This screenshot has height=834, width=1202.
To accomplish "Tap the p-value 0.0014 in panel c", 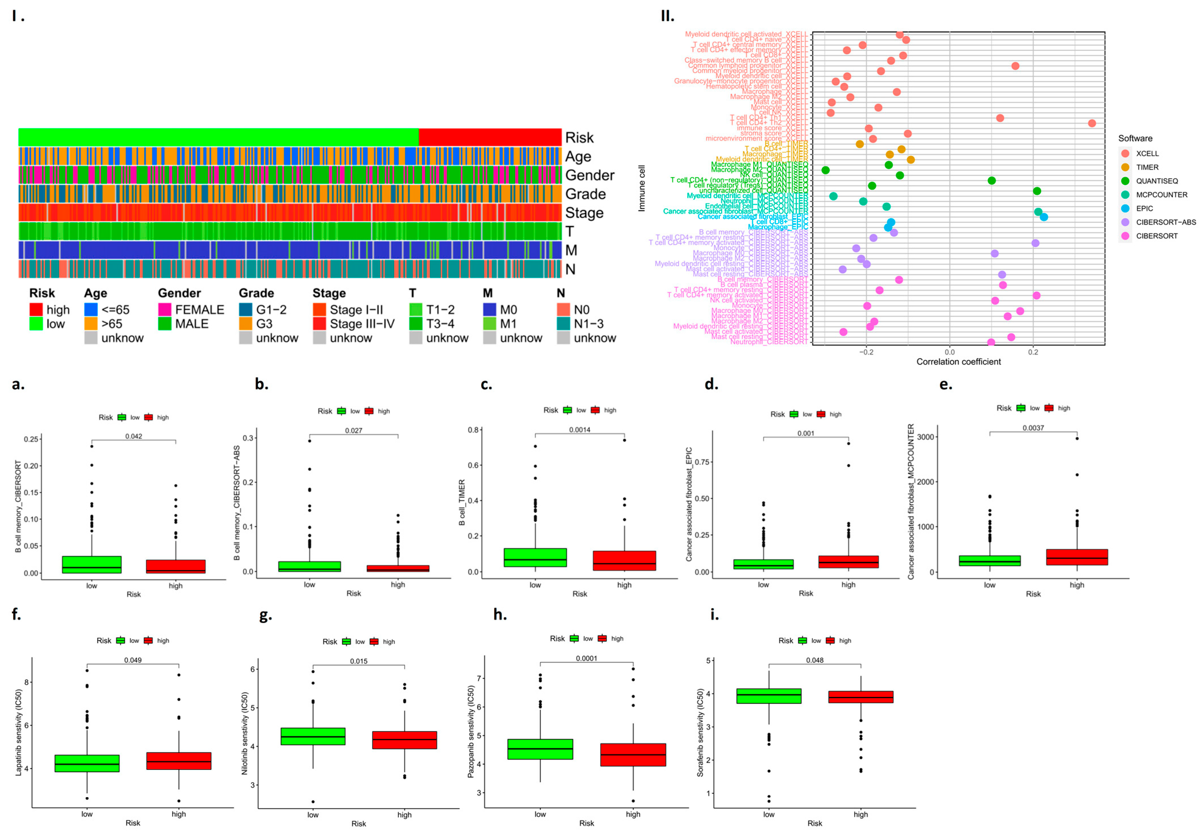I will coord(580,430).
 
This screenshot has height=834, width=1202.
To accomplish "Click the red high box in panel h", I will coord(633,754).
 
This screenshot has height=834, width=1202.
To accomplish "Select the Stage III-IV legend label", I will coord(362,324).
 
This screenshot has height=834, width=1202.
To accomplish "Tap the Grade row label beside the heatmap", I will coord(585,194).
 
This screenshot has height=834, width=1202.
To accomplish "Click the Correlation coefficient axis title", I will coord(958,361).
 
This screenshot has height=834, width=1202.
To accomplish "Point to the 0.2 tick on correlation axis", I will coord(1033,352).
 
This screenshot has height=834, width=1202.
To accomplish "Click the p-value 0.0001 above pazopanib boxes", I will coord(586,659).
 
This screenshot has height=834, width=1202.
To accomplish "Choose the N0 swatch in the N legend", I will coord(563,310).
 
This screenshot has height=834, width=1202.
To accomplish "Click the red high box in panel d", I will coord(848,562).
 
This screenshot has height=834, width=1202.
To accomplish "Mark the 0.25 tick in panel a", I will coord(31,439).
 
